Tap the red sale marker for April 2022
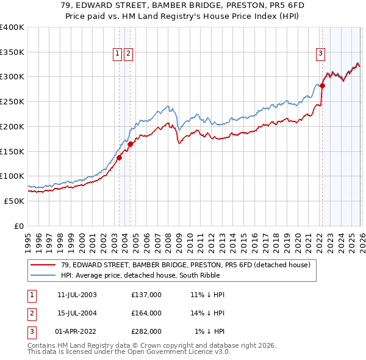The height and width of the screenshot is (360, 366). click(x=322, y=85)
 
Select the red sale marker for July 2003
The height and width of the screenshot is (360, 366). click(x=120, y=157)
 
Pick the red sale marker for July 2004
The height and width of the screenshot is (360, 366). click(x=131, y=144)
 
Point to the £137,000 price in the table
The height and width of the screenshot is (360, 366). click(x=146, y=295)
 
